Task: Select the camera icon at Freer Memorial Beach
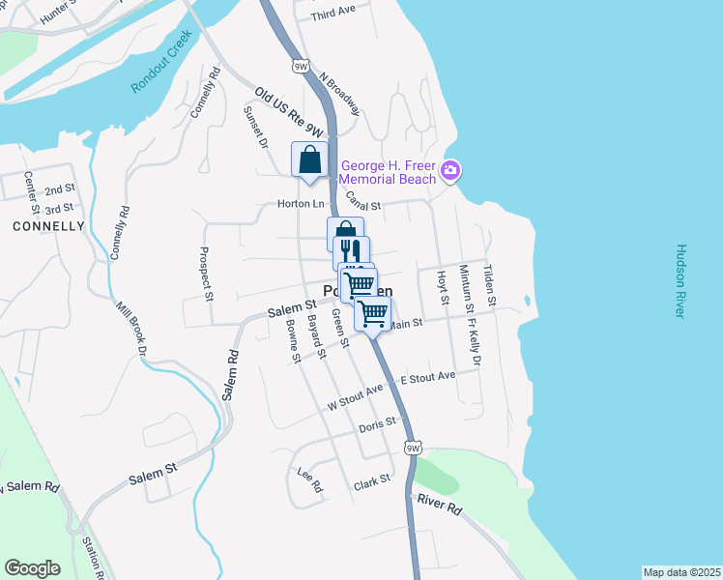click(x=450, y=172)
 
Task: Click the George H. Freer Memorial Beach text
click(x=387, y=172)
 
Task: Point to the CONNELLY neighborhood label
click(x=49, y=226)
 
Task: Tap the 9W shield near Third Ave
click(x=300, y=64)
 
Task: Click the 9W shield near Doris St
click(x=414, y=448)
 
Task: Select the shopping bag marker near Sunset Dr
click(x=309, y=160)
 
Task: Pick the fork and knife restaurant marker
click(x=352, y=251)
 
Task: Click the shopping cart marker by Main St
click(x=373, y=312)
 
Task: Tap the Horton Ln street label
click(x=301, y=204)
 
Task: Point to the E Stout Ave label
click(x=427, y=376)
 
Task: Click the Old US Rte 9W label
click(x=289, y=112)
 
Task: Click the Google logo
click(x=33, y=568)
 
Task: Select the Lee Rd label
click(x=309, y=478)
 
